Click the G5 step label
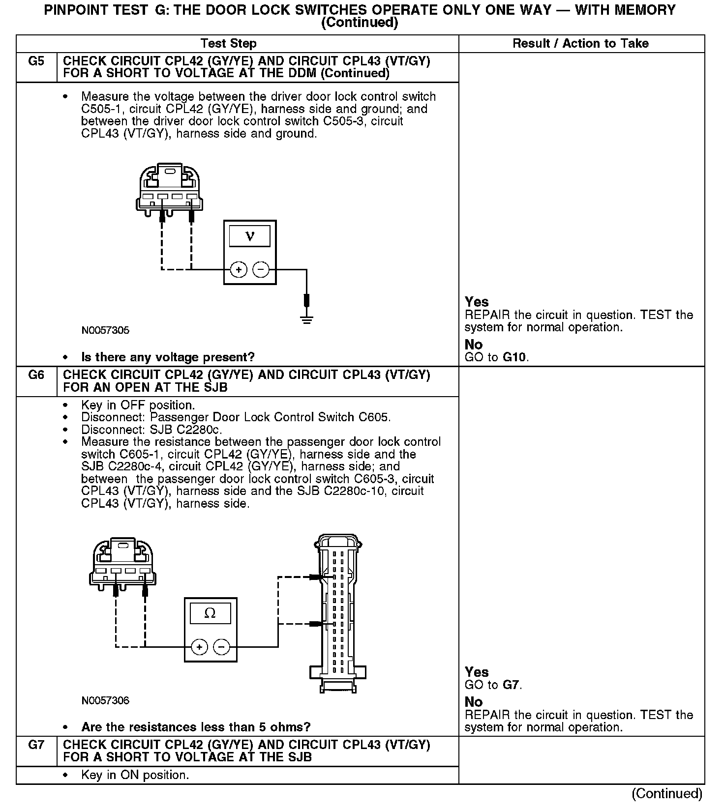click(36, 61)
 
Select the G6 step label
click(36, 375)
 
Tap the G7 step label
click(36, 745)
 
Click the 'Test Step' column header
click(229, 44)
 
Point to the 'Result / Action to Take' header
click(580, 44)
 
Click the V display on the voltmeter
click(250, 236)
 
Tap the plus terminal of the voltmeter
click(239, 269)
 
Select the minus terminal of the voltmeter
click(261, 269)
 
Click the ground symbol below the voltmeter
click(306, 319)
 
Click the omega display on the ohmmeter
click(210, 613)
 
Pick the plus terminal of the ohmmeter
click(199, 647)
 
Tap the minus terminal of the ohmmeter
click(221, 647)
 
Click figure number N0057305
click(105, 330)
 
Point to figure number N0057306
click(105, 700)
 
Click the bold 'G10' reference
click(515, 357)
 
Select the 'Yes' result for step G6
click(477, 672)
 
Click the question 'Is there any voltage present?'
click(168, 357)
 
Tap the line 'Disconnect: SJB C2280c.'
click(151, 430)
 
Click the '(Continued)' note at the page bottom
click(667, 794)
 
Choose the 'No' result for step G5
click(474, 345)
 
